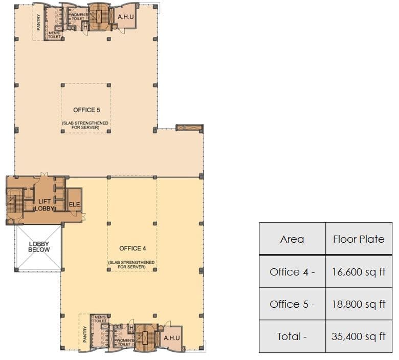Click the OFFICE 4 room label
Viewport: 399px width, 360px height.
132,248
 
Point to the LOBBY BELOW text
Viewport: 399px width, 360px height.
39,246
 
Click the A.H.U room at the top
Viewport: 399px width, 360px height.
126,16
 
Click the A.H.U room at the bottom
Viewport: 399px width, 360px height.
170,338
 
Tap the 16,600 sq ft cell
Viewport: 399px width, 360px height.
359,271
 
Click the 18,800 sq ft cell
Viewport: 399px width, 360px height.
359,304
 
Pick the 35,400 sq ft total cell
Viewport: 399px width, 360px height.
359,336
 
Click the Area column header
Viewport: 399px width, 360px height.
292,239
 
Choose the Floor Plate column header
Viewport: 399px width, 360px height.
359,239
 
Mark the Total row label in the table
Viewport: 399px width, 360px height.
292,336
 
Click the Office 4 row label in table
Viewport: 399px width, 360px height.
292,271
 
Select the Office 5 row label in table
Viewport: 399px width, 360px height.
292,304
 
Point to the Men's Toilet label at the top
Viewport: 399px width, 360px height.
54,35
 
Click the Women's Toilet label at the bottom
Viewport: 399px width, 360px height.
124,343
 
